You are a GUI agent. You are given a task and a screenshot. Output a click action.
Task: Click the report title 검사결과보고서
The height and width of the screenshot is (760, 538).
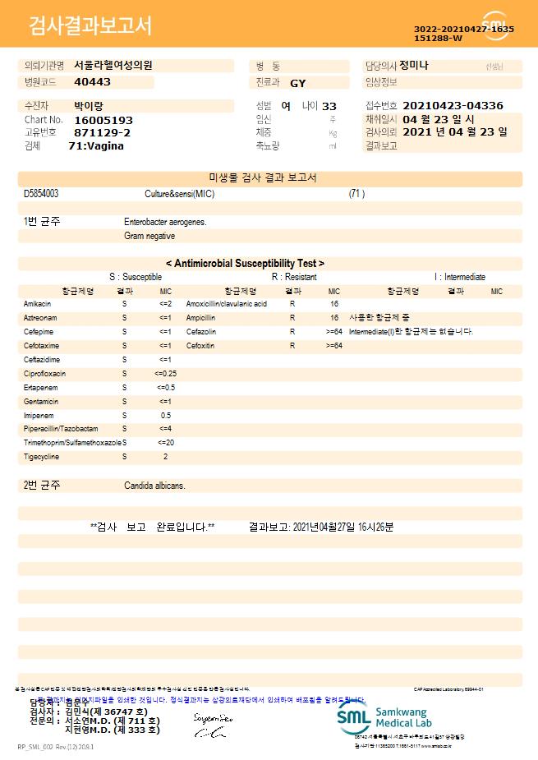click(90, 26)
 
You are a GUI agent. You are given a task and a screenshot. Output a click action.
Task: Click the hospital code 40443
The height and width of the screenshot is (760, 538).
click(92, 82)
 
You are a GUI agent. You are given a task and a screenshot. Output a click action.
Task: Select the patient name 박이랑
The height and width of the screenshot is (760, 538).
click(90, 106)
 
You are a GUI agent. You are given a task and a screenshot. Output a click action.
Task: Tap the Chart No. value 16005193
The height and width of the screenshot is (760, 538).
click(103, 120)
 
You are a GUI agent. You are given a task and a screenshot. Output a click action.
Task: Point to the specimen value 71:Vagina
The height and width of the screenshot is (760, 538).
click(96, 145)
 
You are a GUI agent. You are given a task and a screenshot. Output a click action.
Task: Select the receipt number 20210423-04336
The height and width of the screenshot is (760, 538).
click(453, 106)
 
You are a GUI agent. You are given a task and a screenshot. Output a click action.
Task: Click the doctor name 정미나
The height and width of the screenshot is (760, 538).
click(413, 65)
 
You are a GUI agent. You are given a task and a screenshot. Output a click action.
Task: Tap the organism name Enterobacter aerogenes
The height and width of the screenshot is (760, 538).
click(165, 222)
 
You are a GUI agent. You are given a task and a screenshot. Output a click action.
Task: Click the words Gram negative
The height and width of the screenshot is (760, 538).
click(149, 236)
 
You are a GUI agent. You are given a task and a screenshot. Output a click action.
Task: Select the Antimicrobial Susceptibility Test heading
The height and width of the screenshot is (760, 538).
click(245, 264)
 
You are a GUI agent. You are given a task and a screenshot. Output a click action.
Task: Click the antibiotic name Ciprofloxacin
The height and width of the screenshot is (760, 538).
click(45, 373)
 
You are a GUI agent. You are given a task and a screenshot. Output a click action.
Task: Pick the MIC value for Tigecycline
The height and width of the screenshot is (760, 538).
click(165, 456)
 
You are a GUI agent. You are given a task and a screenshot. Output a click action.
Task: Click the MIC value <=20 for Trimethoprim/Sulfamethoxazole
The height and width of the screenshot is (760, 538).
click(165, 442)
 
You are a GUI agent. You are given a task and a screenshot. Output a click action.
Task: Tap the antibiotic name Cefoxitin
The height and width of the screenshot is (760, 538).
click(200, 346)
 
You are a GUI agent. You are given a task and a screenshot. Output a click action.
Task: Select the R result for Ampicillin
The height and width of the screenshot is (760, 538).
click(292, 318)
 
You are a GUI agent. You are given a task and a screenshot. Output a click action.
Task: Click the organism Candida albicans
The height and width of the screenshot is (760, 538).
click(154, 486)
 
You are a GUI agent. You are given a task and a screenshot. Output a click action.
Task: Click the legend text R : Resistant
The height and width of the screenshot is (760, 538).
click(294, 277)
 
